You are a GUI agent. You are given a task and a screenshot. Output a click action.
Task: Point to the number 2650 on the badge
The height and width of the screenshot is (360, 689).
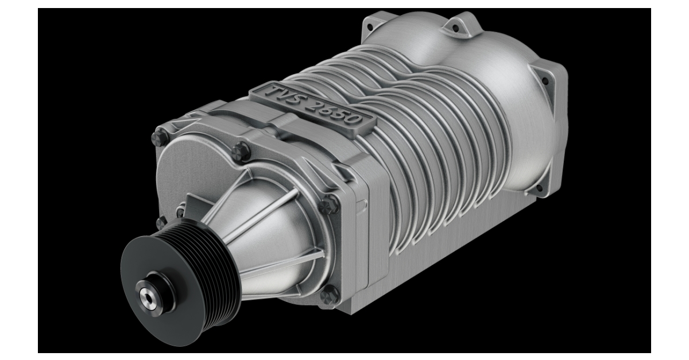point(336,111)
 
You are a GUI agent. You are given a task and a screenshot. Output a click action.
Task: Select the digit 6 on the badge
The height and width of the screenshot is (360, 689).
point(331,110)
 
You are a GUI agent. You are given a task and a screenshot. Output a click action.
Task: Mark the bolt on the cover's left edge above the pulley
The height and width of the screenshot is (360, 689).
point(161,221)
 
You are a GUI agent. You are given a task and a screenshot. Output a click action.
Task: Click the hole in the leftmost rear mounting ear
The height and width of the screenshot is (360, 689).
point(374,25)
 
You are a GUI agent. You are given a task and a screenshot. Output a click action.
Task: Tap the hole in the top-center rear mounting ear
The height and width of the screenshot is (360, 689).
point(456,26)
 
